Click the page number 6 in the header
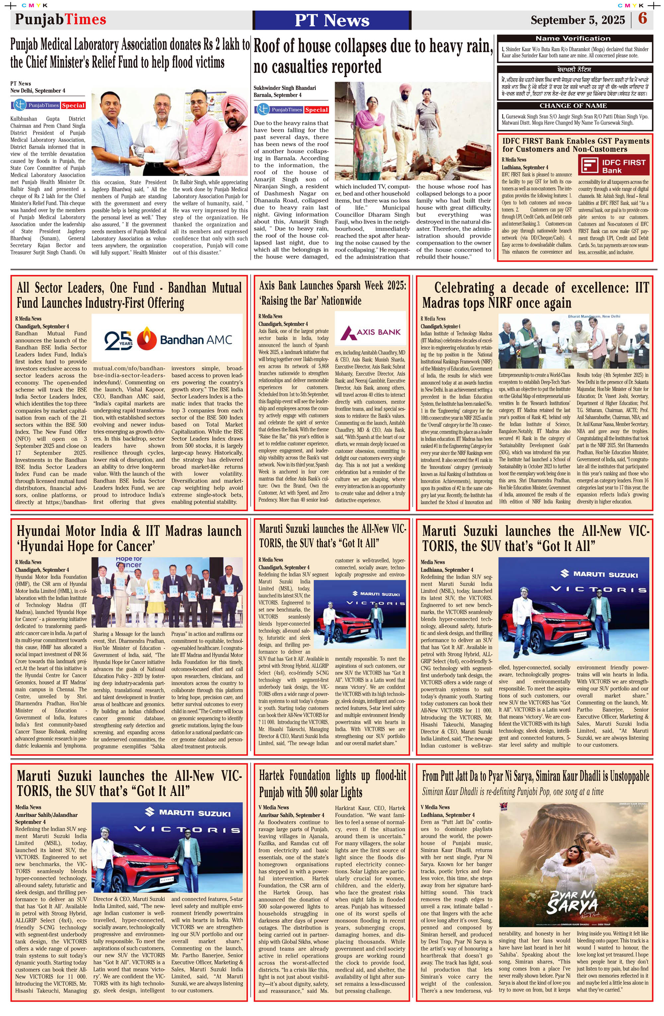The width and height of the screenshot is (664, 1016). coord(642,19)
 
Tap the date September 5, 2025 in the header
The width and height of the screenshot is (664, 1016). coord(577,20)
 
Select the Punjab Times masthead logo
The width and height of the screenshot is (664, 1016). coord(61,19)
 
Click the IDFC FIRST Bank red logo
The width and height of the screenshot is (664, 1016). coord(613,165)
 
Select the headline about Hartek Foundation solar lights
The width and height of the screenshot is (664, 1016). coord(332,784)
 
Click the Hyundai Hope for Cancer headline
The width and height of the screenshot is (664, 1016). coord(129,539)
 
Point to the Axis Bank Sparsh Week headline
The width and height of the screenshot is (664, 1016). coord(332,293)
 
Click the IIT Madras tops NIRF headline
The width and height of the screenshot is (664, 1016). coord(535,295)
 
